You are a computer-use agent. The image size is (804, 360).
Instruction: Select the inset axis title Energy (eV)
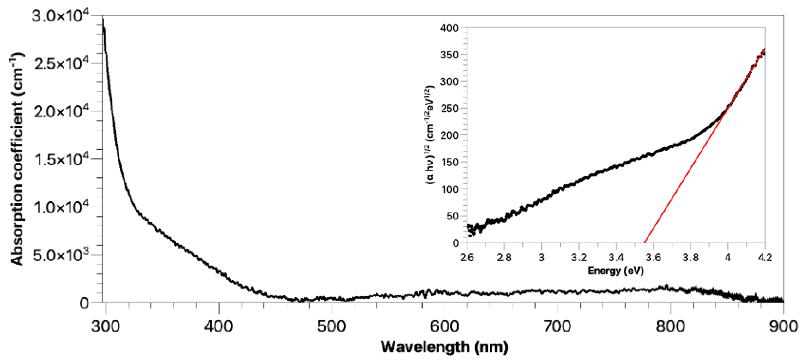point(616,270)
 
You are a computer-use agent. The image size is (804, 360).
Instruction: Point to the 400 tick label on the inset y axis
point(449,28)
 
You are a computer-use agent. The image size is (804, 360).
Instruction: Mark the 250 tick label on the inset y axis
point(449,109)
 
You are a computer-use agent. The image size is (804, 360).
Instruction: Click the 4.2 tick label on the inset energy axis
point(765,258)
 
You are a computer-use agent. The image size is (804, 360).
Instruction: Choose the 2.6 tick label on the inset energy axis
point(467,258)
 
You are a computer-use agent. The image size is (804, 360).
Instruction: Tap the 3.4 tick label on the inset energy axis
point(616,258)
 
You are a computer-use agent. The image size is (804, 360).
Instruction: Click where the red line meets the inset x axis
point(644,243)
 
